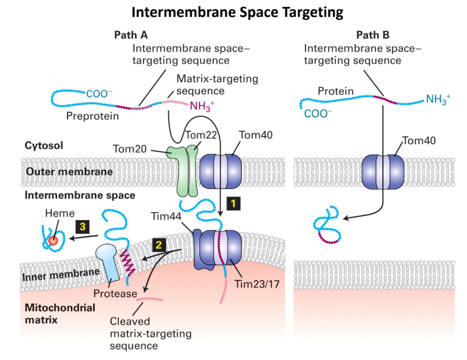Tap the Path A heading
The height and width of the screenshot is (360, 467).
(x=131, y=35)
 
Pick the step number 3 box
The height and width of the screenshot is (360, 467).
(x=82, y=227)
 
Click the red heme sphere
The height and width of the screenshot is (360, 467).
(x=53, y=240)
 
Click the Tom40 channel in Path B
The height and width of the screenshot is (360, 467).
(x=383, y=171)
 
